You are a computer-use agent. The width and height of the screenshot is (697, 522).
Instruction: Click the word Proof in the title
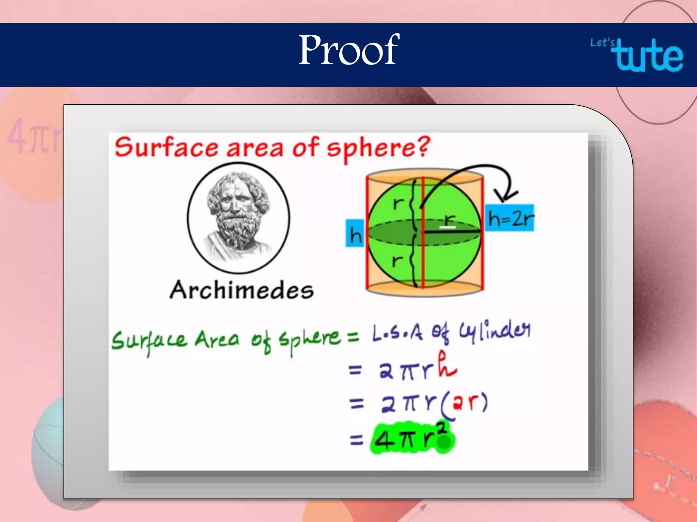click(348, 50)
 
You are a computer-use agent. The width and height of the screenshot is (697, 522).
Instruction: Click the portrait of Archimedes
click(238, 217)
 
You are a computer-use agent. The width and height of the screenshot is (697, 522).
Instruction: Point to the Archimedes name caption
click(242, 291)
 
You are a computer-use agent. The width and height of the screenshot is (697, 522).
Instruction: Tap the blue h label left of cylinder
click(355, 233)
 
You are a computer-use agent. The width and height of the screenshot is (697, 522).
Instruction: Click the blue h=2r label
click(509, 218)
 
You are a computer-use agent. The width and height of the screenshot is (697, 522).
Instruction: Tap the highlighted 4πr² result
click(412, 439)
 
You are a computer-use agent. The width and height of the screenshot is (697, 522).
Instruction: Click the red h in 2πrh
click(447, 365)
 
